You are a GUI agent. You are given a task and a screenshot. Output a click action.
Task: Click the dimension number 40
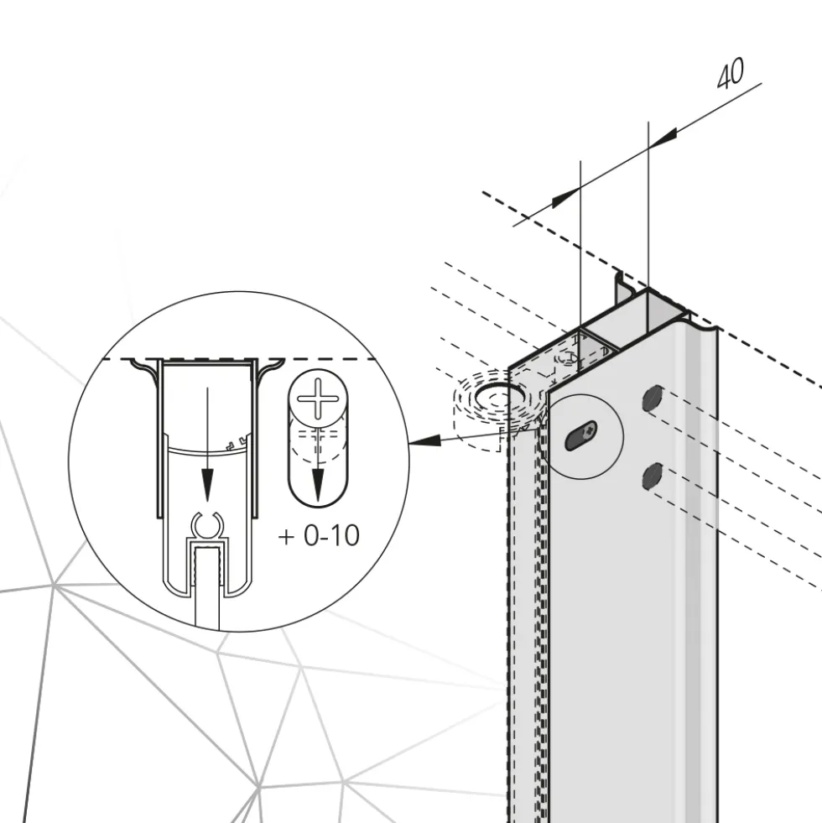(x=730, y=73)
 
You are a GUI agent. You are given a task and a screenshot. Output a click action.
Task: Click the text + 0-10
(x=319, y=536)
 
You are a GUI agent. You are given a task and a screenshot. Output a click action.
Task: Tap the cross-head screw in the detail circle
(x=318, y=398)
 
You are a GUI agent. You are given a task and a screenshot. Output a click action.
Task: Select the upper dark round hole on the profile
(x=653, y=398)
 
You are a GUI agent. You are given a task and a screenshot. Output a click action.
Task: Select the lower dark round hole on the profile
(x=652, y=476)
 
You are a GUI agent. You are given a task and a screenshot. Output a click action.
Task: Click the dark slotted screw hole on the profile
(x=580, y=436)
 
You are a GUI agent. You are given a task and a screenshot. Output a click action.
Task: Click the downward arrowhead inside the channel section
(x=207, y=485)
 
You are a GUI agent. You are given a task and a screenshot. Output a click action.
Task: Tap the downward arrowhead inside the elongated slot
(x=318, y=485)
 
